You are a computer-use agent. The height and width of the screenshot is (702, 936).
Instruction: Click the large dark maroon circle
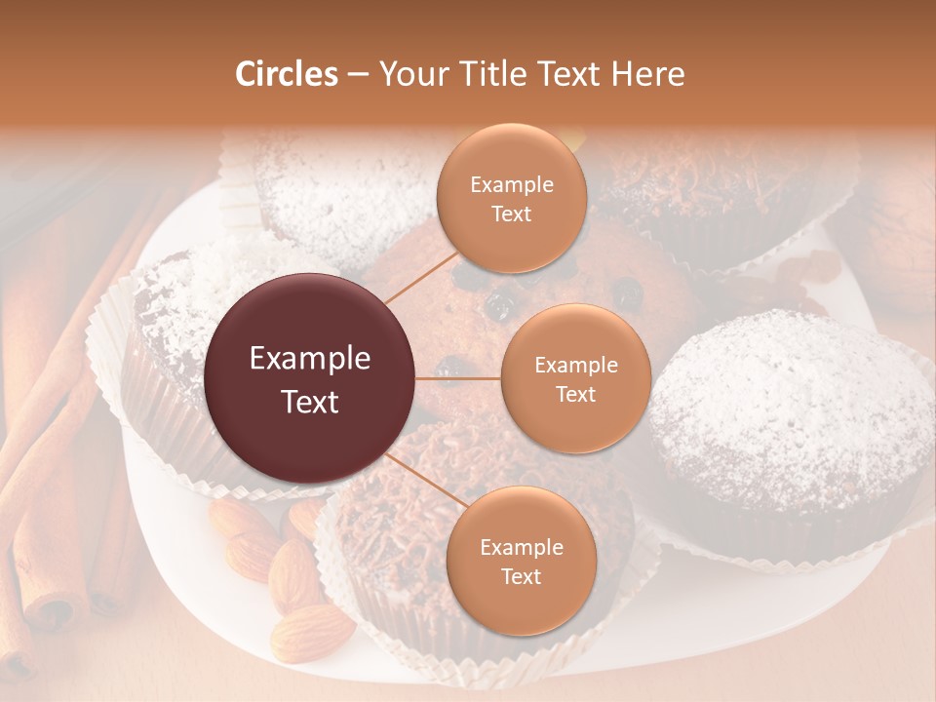310,378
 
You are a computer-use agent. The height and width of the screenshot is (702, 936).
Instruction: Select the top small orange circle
511,198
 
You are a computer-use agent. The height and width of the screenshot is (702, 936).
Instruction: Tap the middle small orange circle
575,378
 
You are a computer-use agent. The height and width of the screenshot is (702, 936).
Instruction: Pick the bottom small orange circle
521,561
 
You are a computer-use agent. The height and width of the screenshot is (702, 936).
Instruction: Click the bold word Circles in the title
286,74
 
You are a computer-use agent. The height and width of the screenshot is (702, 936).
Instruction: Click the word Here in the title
649,74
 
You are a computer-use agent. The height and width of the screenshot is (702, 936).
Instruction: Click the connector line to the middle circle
458,378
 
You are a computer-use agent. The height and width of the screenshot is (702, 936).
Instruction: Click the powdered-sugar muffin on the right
790,419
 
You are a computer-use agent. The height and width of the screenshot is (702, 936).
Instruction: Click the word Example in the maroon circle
310,359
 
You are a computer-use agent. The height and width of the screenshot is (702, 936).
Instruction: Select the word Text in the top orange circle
511,214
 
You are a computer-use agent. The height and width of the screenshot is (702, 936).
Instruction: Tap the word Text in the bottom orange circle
521,576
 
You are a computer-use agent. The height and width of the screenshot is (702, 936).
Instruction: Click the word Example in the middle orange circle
575,365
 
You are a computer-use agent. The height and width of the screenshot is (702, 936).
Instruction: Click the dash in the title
358,74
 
